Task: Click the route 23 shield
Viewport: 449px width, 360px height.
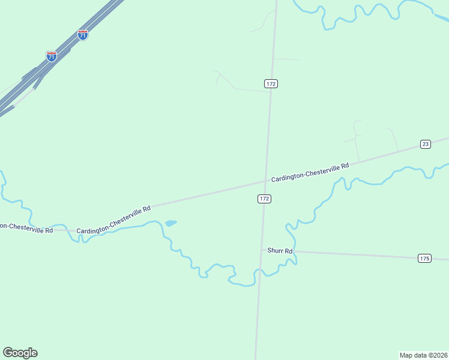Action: pyautogui.click(x=425, y=144)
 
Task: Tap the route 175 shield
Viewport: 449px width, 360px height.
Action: pyautogui.click(x=424, y=258)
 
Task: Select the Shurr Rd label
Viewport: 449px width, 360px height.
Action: pyautogui.click(x=280, y=251)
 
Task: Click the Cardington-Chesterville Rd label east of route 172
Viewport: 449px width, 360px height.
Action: pyautogui.click(x=310, y=171)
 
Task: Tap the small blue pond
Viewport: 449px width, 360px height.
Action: pyautogui.click(x=170, y=223)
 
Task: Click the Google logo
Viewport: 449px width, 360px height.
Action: pyautogui.click(x=20, y=353)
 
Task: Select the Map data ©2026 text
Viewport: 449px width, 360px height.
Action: pyautogui.click(x=424, y=355)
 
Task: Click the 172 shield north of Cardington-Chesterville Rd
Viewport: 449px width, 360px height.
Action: pyautogui.click(x=271, y=83)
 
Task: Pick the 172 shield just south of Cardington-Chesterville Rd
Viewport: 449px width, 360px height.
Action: pyautogui.click(x=264, y=198)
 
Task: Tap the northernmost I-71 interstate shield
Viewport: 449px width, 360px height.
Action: pyautogui.click(x=83, y=35)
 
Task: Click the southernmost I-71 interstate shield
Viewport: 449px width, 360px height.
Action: pyautogui.click(x=52, y=56)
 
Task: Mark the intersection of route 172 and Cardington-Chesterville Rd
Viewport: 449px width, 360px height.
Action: pyautogui.click(x=265, y=179)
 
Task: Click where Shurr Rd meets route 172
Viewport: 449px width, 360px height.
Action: pyautogui.click(x=261, y=250)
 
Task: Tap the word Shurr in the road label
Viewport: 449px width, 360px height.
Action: pyautogui.click(x=276, y=251)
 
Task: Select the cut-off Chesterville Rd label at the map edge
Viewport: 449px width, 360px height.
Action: pyautogui.click(x=26, y=228)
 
